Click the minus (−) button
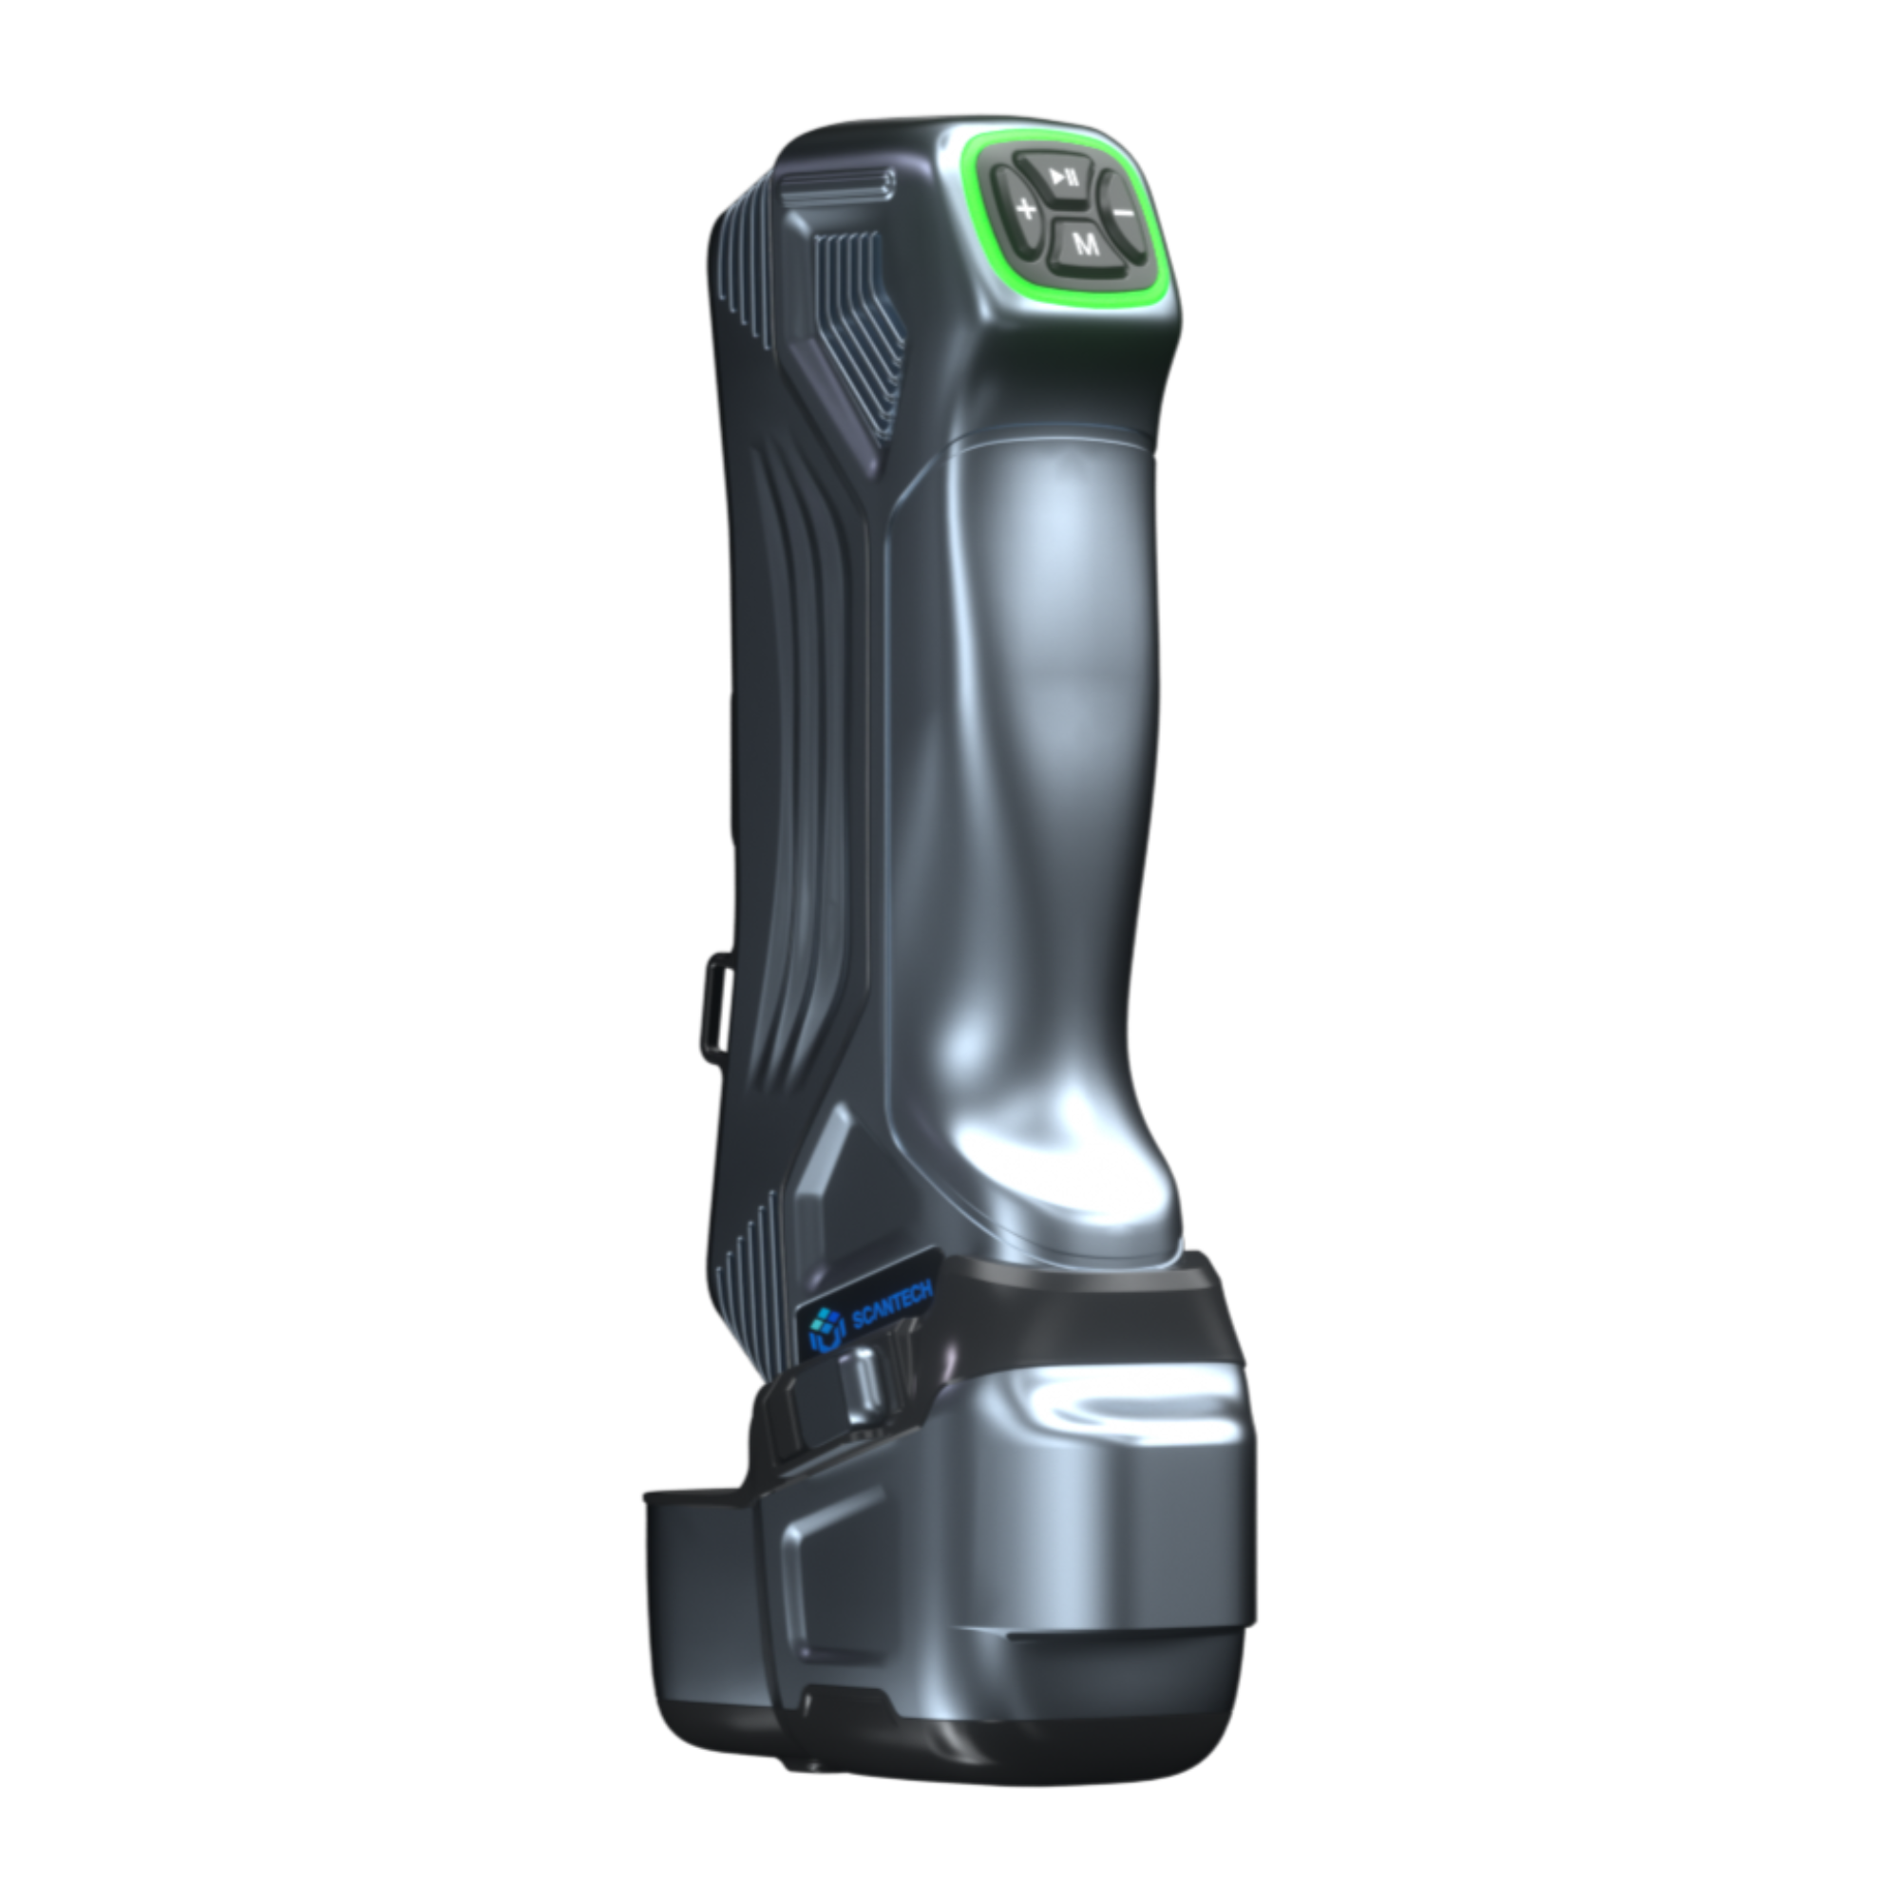click(x=1122, y=211)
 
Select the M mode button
click(x=1086, y=244)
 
